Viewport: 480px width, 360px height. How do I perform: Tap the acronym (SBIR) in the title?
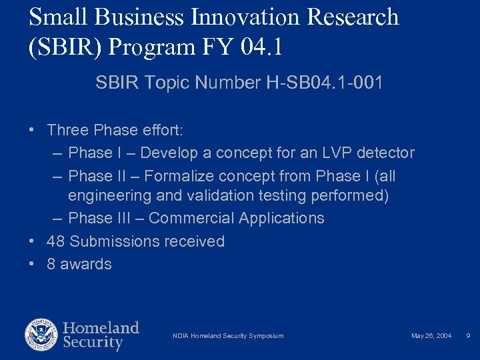(x=67, y=47)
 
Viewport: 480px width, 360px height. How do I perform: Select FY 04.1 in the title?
(x=256, y=47)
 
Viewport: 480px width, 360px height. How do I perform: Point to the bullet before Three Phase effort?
(x=32, y=130)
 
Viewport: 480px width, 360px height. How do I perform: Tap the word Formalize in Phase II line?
(x=175, y=177)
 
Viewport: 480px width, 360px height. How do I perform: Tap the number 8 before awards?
(x=51, y=264)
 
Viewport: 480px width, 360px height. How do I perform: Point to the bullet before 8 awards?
(x=32, y=264)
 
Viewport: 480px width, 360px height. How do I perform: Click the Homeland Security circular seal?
(x=41, y=335)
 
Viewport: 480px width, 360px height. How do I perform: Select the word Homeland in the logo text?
(x=101, y=328)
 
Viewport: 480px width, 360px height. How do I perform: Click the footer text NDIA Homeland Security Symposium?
(x=228, y=336)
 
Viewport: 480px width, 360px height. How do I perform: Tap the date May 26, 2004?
(x=431, y=336)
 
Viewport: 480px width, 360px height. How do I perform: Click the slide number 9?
(x=469, y=336)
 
